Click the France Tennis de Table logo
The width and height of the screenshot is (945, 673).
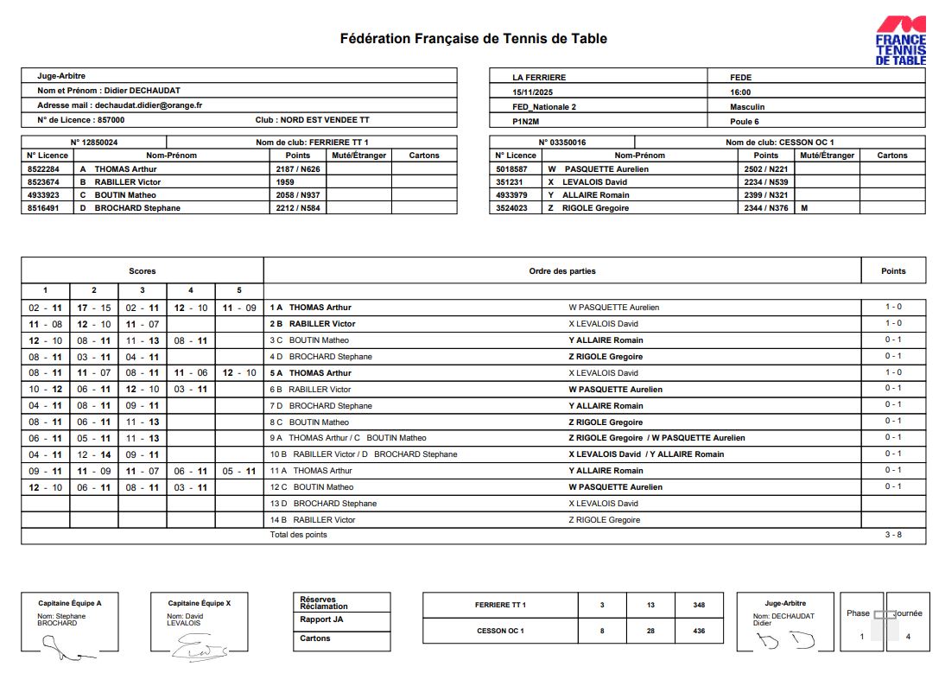click(x=900, y=41)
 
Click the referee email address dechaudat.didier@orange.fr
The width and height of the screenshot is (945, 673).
click(x=148, y=105)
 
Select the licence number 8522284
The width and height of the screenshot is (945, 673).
click(x=43, y=169)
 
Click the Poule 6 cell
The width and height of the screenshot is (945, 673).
click(x=745, y=122)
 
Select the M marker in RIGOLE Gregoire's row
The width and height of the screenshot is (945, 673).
click(x=804, y=208)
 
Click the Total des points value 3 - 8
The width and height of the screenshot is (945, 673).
click(x=893, y=536)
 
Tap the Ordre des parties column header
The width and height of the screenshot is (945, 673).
click(x=562, y=271)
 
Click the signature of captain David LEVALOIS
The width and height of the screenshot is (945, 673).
click(x=198, y=645)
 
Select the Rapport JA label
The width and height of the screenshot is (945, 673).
click(x=321, y=619)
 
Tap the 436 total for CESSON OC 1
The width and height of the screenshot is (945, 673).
click(x=699, y=631)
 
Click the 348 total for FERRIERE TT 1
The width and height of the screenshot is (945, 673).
click(x=699, y=606)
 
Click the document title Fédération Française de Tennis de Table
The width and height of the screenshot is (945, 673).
click(x=473, y=39)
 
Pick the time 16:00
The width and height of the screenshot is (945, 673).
click(x=740, y=92)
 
